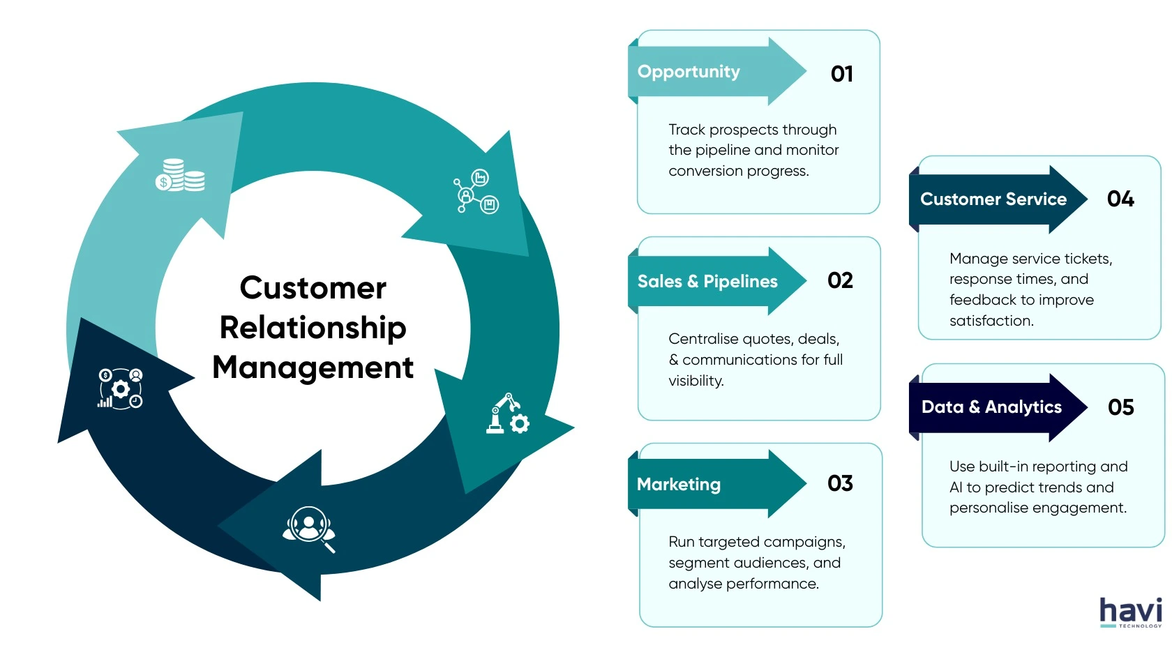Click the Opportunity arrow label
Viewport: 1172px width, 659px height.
[689, 72]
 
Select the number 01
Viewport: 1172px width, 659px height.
[841, 74]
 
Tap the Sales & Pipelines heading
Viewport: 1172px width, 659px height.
[707, 282]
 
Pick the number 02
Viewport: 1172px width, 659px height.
[840, 280]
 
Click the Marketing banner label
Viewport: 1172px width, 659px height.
[679, 485]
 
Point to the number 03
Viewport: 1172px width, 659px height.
[840, 483]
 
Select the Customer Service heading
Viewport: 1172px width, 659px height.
[993, 199]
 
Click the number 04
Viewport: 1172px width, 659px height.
[1120, 199]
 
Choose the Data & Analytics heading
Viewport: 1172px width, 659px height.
[991, 407]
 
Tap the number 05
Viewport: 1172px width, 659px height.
[1120, 407]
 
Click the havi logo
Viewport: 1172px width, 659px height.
[1130, 612]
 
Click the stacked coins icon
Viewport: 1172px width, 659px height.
[180, 175]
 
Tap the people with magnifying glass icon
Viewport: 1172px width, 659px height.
[309, 529]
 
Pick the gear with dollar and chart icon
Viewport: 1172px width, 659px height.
[120, 388]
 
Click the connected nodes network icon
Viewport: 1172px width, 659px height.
[476, 191]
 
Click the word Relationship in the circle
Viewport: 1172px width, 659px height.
[313, 328]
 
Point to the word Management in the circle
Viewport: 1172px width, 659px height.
[313, 368]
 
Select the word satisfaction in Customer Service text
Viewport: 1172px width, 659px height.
[991, 321]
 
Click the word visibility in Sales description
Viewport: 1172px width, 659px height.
[696, 381]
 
